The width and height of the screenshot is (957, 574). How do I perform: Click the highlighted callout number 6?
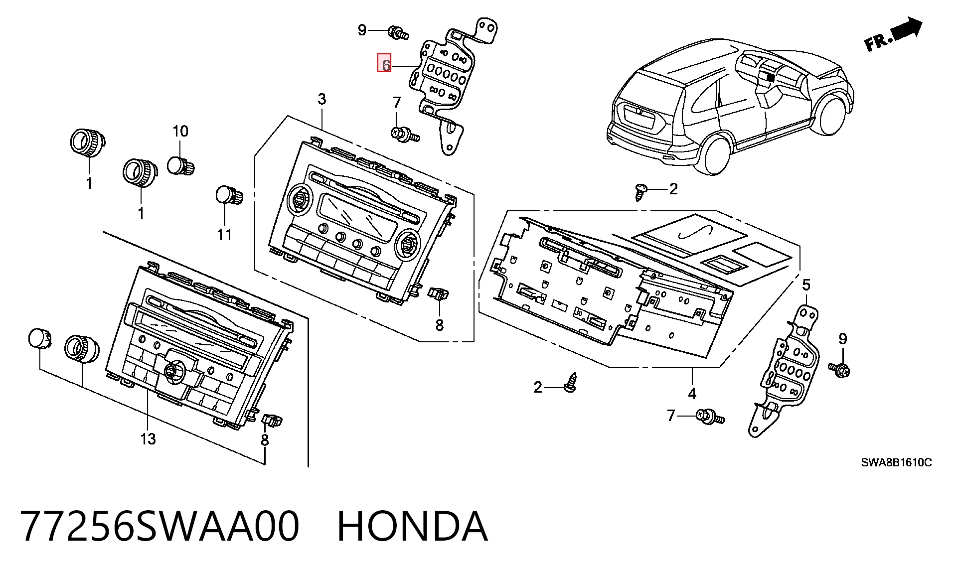[x=384, y=63]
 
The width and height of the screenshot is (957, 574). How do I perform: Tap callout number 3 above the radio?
[x=322, y=99]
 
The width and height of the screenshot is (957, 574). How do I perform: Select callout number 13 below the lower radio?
[x=148, y=439]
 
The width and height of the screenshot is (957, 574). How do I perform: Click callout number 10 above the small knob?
[x=180, y=131]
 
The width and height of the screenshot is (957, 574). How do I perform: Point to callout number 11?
[x=224, y=234]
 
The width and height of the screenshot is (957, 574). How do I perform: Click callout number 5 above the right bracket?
[x=806, y=285]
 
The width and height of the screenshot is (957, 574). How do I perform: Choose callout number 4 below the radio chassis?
[x=692, y=394]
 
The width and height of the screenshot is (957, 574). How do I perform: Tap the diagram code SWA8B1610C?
[x=896, y=462]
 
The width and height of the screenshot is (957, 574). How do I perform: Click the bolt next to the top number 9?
[x=398, y=33]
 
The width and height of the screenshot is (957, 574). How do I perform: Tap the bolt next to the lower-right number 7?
[x=710, y=417]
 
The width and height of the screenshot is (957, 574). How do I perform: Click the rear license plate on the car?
[x=640, y=118]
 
